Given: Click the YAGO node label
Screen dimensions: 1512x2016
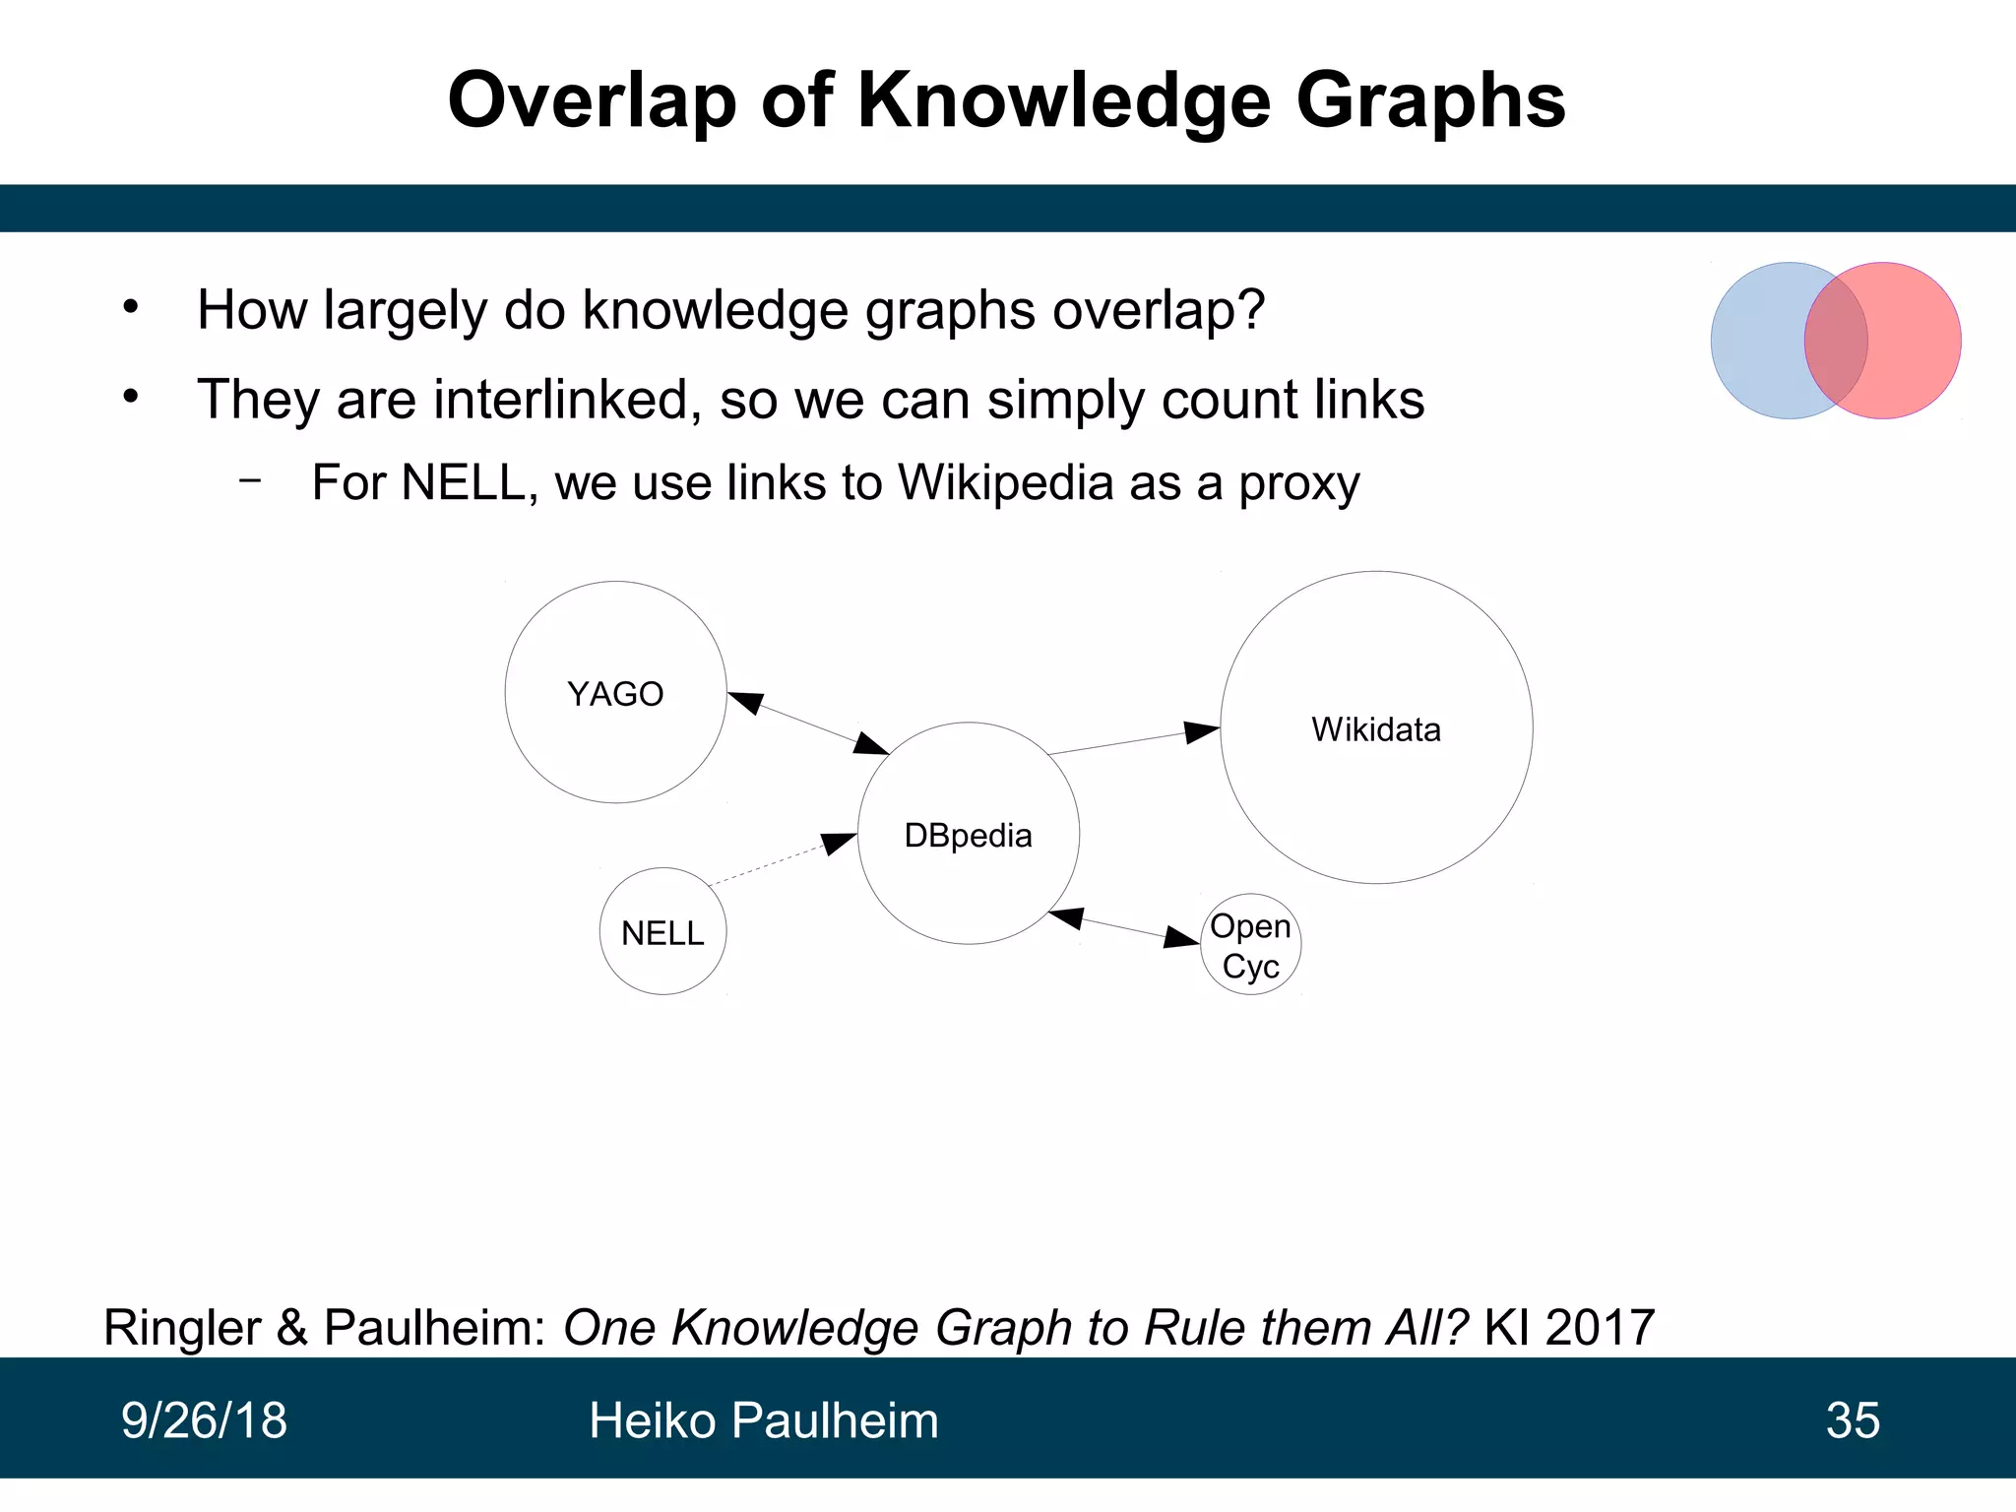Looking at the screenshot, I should point(615,694).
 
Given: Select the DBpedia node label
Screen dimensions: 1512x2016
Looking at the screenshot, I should point(968,836).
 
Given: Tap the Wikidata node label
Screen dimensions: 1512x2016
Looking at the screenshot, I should point(1375,729).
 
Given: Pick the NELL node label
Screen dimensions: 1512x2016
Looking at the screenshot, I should point(662,933).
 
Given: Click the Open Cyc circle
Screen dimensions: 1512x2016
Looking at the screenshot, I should point(1250,945).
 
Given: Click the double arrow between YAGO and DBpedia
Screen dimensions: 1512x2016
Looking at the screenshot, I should point(808,724).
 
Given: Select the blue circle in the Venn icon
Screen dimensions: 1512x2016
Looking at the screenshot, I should point(1757,341).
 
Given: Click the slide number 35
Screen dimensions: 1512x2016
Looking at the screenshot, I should point(1853,1420).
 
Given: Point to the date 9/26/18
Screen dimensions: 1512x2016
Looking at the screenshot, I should point(204,1420).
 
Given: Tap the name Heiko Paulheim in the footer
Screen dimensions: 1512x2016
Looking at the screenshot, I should point(763,1420).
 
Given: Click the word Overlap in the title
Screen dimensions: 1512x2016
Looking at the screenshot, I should point(592,100).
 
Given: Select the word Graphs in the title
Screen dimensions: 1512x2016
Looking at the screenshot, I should point(1429,100).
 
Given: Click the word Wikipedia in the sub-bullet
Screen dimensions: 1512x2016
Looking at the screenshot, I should point(1005,482).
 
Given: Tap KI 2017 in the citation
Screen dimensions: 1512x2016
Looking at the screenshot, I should point(1569,1327).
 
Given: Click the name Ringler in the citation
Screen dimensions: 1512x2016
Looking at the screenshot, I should point(182,1327).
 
